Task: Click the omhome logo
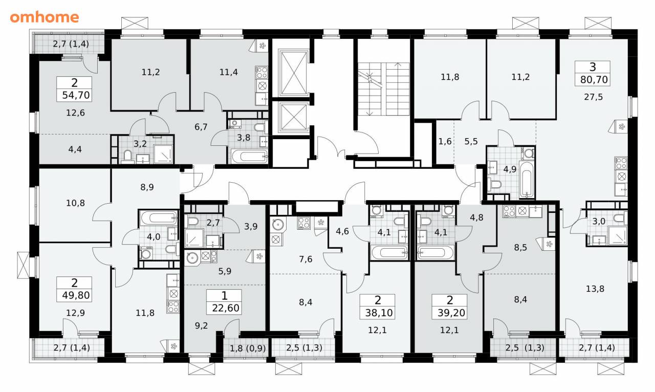tap(45, 17)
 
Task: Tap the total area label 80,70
tap(594, 79)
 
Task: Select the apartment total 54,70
tap(76, 95)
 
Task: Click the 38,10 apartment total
tap(379, 313)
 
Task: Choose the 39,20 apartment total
tap(451, 313)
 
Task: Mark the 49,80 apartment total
tap(76, 295)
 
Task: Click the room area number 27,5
tap(594, 97)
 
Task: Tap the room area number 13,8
tap(595, 289)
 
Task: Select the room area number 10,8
tap(75, 203)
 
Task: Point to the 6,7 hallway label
tap(201, 127)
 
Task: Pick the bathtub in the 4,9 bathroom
tap(527, 179)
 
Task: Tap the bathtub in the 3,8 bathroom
tap(249, 157)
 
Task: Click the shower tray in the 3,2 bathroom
tap(163, 154)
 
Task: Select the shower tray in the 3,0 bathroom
tap(618, 235)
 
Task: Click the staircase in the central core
tap(384, 89)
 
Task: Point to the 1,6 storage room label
tap(445, 142)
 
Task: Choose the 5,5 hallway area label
tap(471, 142)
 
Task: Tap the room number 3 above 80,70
tap(593, 67)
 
